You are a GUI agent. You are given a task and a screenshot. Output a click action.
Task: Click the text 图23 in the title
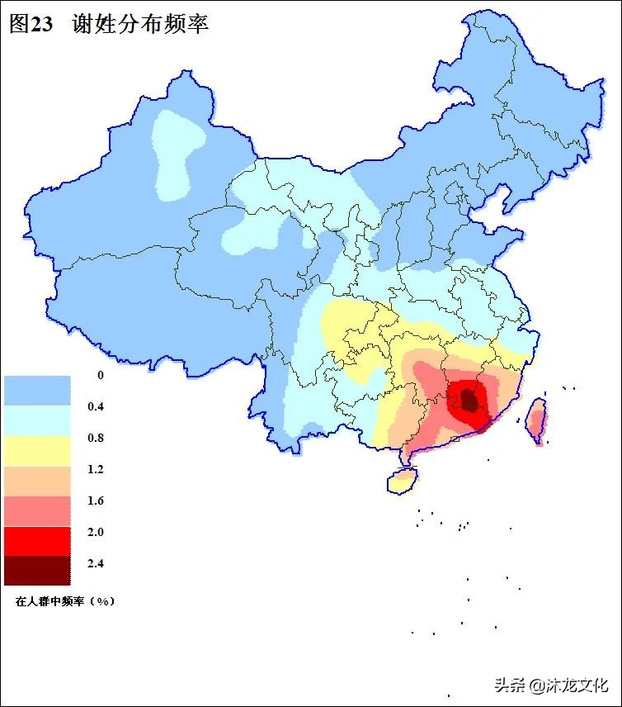pos(31,24)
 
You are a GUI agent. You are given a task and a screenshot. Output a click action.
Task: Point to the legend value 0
pos(101,376)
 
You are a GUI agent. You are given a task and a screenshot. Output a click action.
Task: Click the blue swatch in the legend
pos(37,390)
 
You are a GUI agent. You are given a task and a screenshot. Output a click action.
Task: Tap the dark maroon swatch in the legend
pos(37,570)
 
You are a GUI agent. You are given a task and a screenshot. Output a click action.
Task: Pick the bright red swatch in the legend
pos(37,540)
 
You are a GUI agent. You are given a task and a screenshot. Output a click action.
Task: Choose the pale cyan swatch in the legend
pos(37,421)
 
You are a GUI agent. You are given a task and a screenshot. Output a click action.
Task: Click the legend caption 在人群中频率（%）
pos(65,601)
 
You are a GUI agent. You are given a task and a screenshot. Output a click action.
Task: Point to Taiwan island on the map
pos(536,419)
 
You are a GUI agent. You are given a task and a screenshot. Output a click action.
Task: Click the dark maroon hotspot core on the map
pos(469,401)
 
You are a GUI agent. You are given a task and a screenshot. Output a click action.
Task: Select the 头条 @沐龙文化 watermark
pos(550,685)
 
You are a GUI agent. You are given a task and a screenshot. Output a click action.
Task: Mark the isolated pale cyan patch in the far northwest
pos(176,153)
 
